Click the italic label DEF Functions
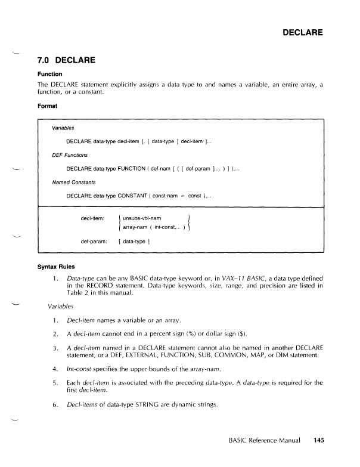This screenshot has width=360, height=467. (70, 154)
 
